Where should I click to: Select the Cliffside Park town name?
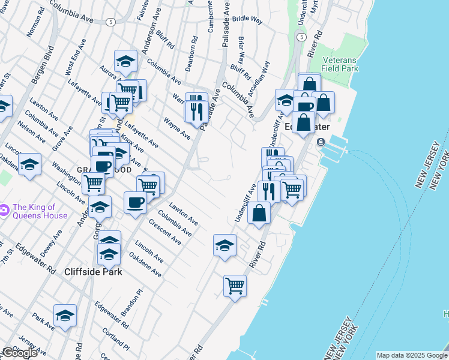tap(93, 272)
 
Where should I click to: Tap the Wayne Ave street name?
tap(176, 128)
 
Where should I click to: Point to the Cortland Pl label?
tap(115, 339)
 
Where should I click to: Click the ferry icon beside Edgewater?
tap(321, 142)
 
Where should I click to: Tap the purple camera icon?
tap(4, 210)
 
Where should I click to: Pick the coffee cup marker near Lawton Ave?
tap(135, 202)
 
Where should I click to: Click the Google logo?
tap(20, 353)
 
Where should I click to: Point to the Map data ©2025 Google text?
tap(412, 355)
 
